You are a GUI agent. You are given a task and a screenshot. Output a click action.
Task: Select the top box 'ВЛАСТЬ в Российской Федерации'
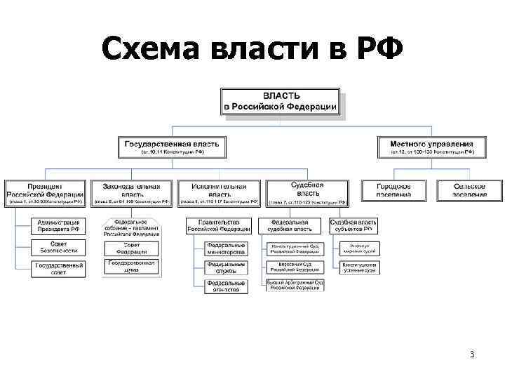(x=281, y=101)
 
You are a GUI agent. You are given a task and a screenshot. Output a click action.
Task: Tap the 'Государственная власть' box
(x=173, y=147)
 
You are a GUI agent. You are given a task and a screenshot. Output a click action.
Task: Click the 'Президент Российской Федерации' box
(x=45, y=193)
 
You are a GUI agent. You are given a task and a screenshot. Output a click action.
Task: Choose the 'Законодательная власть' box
(x=131, y=193)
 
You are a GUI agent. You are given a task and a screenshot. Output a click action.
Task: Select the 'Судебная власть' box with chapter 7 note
(x=307, y=192)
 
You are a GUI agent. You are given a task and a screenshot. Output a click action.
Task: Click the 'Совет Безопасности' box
(x=58, y=246)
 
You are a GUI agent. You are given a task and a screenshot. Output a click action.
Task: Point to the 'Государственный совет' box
(x=58, y=269)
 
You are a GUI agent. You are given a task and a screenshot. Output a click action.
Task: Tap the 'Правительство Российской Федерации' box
(x=219, y=225)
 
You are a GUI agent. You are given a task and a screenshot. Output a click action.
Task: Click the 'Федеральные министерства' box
(x=226, y=248)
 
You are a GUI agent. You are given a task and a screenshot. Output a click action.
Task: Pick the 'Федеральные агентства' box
(x=226, y=286)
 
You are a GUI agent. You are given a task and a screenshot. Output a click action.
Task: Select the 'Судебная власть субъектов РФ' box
(x=353, y=225)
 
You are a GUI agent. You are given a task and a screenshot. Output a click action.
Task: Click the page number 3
(x=472, y=354)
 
